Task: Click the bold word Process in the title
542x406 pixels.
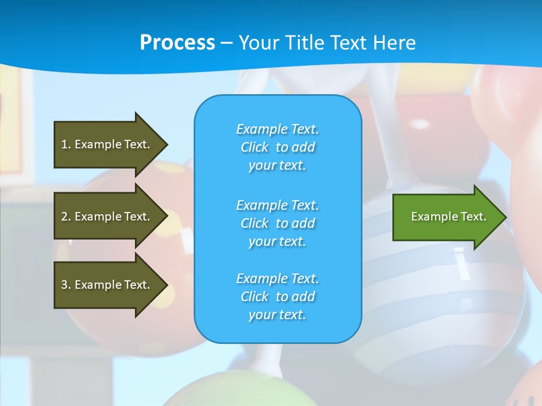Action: tap(177, 43)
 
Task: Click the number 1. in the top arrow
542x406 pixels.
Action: tap(66, 144)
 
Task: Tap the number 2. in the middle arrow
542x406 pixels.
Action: tap(66, 217)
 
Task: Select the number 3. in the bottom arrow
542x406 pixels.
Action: tap(66, 285)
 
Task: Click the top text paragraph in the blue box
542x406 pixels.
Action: tap(277, 147)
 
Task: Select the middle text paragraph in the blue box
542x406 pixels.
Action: tap(277, 223)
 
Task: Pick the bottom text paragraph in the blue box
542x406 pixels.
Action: tap(277, 297)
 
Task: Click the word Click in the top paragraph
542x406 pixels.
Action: tap(255, 147)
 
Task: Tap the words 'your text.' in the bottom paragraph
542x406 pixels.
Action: tap(277, 315)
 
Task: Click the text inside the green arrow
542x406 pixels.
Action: tap(449, 217)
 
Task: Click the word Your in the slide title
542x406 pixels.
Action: tap(258, 43)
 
